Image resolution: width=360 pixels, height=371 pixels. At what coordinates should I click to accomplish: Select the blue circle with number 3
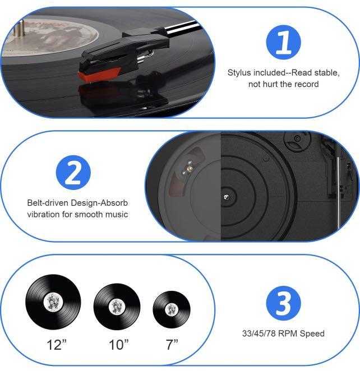(283, 303)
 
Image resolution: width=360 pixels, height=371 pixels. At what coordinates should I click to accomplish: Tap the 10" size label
(118, 345)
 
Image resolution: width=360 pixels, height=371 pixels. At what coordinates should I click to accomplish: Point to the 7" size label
(172, 345)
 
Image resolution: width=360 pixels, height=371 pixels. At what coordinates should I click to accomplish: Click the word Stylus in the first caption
(239, 73)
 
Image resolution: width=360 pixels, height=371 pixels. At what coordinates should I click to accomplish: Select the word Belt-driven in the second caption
(47, 203)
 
